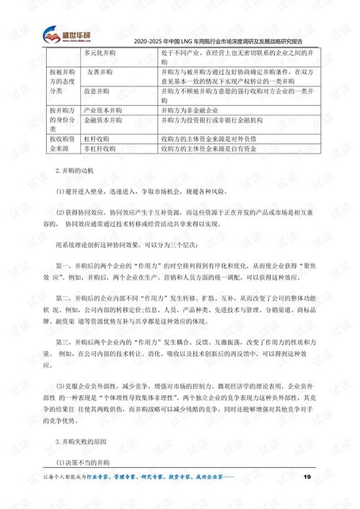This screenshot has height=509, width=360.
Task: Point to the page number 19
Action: coord(306,477)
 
